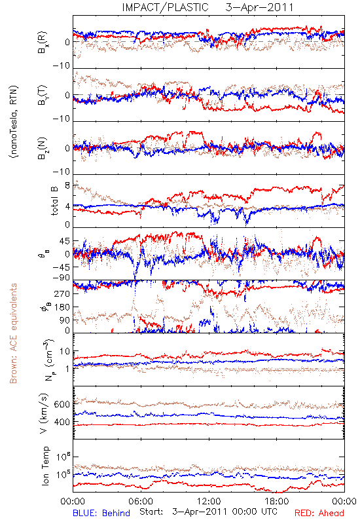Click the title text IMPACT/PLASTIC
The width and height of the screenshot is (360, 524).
coord(165,7)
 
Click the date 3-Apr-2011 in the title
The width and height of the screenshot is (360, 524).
coord(259,7)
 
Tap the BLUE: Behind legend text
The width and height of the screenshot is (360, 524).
coord(101,513)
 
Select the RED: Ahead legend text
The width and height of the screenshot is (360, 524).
coord(319,513)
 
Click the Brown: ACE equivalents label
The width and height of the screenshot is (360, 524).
coord(13,333)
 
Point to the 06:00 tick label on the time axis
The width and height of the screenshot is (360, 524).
coord(141,501)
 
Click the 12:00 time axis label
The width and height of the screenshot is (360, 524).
coord(209,501)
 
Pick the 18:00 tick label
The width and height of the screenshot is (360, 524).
coord(276,501)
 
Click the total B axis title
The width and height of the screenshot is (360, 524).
coord(54,201)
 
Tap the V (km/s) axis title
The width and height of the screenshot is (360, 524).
coord(44,413)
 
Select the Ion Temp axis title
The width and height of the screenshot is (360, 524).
coord(45,466)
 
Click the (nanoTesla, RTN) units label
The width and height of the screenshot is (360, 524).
coord(14,122)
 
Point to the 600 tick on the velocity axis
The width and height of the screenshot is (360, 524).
coord(62,404)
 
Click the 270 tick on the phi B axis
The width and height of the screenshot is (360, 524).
coord(62,293)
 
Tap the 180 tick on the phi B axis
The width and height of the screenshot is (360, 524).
coord(62,307)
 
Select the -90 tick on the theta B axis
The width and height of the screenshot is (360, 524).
coord(61,278)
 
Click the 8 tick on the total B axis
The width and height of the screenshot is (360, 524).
coord(67,185)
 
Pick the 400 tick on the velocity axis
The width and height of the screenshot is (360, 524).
coord(62,422)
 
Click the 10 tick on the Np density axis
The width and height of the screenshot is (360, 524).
coord(65,351)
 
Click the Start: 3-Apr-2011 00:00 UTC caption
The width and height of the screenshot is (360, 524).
coord(208,512)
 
